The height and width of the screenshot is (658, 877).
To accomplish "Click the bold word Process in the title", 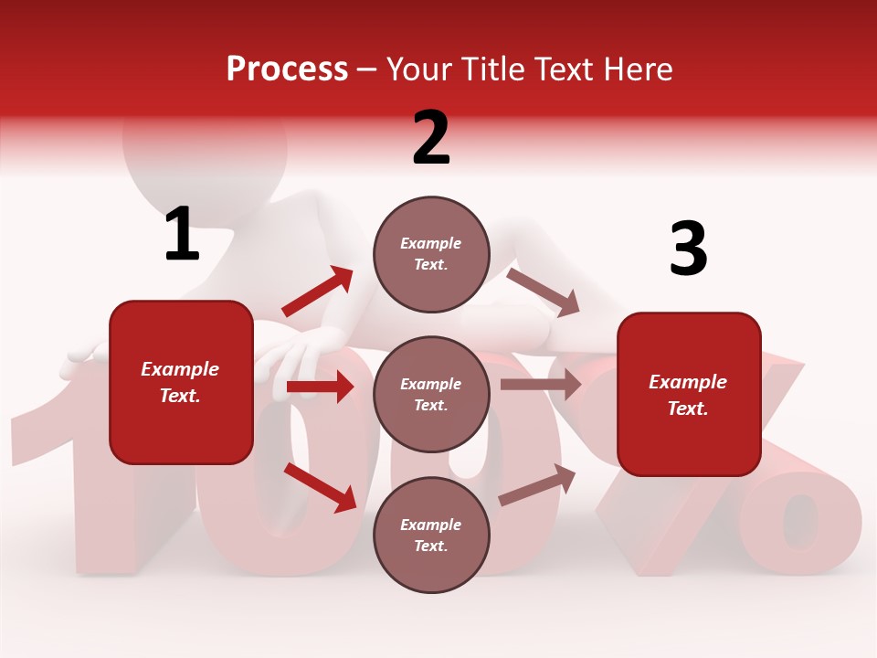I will pyautogui.click(x=287, y=69).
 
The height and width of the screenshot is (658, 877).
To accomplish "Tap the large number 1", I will pyautogui.click(x=182, y=234).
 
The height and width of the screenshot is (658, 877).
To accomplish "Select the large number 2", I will pyautogui.click(x=431, y=138).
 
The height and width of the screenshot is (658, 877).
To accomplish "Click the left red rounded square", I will pyautogui.click(x=181, y=382).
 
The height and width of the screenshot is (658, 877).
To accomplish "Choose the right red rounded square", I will pyautogui.click(x=689, y=394).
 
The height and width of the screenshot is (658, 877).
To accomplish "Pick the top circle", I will pyautogui.click(x=431, y=254).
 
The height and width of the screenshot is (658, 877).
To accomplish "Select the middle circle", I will pyautogui.click(x=431, y=394).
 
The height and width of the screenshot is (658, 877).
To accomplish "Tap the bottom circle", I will pyautogui.click(x=431, y=535).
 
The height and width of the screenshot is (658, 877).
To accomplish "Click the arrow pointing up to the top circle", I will pyautogui.click(x=318, y=292).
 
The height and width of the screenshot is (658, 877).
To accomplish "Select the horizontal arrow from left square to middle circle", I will pyautogui.click(x=320, y=387).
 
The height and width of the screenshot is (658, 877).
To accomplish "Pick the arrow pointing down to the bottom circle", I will pyautogui.click(x=320, y=486).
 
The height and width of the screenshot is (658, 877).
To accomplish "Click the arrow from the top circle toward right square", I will pyautogui.click(x=544, y=292).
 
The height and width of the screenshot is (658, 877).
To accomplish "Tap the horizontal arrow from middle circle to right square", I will pyautogui.click(x=541, y=385).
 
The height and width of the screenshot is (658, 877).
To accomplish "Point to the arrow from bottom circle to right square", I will pyautogui.click(x=537, y=485).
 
